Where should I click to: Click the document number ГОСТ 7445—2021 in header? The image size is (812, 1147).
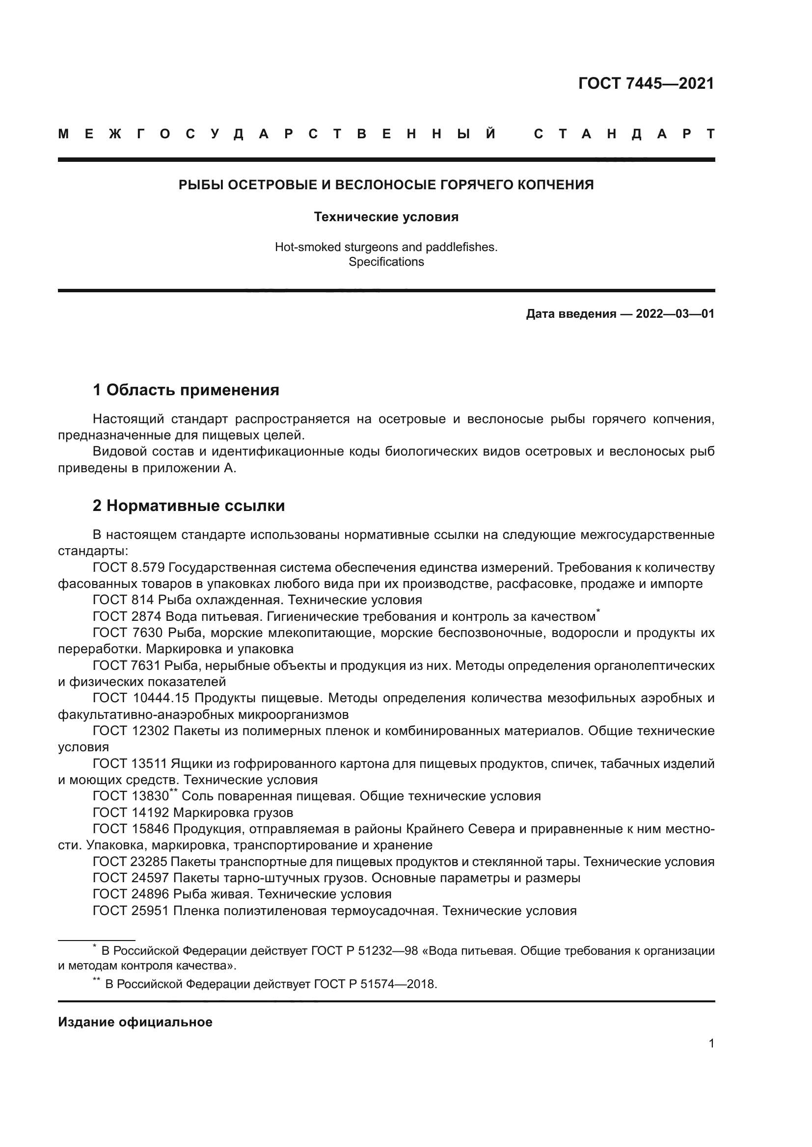pos(646,83)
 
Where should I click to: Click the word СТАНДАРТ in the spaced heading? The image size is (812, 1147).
pos(624,134)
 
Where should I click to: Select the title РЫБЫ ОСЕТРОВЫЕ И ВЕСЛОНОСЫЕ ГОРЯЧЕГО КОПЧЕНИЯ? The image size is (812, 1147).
pos(386,185)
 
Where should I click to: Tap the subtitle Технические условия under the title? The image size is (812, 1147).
pos(386,217)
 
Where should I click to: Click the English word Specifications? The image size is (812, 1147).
pos(386,262)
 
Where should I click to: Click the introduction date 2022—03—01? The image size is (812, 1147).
pos(675,314)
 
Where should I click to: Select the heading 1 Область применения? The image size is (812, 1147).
pos(186,390)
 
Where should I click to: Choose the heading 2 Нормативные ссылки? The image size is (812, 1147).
pos(189,506)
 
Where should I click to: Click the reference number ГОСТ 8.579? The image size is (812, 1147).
pos(129,567)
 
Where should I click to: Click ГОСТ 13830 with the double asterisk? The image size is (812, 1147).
pos(131,796)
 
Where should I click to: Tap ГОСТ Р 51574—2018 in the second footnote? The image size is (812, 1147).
pos(375,984)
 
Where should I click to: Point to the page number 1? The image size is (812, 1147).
pos(711,1043)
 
